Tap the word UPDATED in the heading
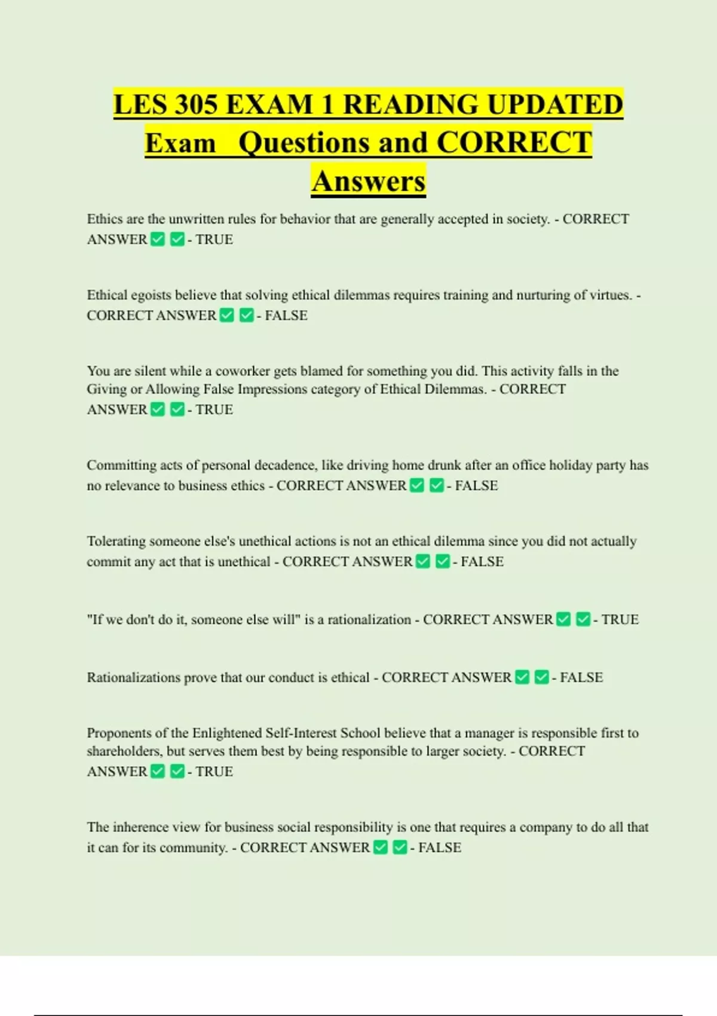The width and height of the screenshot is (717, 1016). [554, 105]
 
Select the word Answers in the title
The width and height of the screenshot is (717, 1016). [368, 181]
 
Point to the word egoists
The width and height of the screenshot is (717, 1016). [147, 295]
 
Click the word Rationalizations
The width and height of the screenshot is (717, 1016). [133, 678]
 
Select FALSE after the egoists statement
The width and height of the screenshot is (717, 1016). [286, 316]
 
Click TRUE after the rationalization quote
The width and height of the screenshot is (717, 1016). [620, 620]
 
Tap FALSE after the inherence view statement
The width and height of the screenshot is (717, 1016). [440, 848]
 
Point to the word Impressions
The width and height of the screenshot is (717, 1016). [273, 390]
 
